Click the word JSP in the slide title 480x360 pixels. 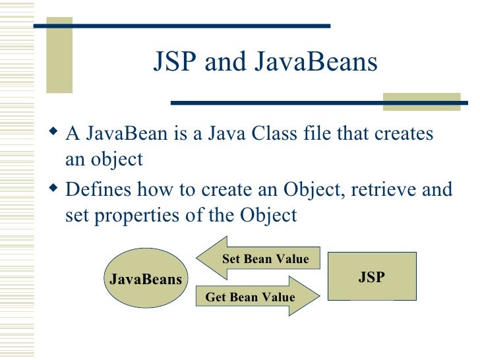coord(175,63)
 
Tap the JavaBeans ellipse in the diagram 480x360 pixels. coord(146,279)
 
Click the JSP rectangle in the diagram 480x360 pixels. coord(372,277)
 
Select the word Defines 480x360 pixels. coord(100,190)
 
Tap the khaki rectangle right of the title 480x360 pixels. coord(421,101)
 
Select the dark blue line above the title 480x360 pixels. coord(182,26)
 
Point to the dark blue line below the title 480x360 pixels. coord(277,102)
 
